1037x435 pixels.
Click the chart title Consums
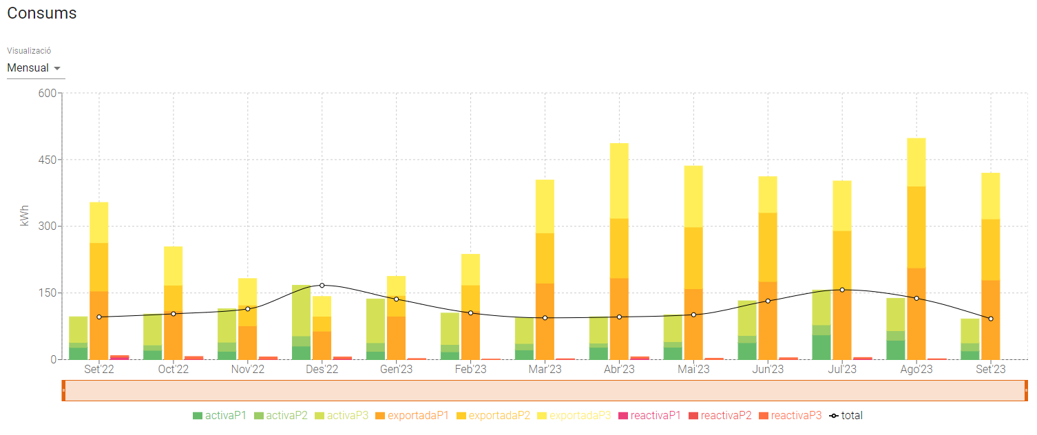pos(42,13)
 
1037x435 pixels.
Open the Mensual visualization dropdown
pos(34,68)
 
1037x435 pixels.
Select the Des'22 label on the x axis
pos(322,370)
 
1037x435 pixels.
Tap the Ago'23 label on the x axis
pos(916,370)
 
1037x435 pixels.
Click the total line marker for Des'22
pos(322,285)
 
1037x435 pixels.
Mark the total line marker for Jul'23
pos(842,290)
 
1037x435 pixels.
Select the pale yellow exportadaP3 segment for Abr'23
pos(619,180)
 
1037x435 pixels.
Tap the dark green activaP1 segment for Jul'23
pos(821,347)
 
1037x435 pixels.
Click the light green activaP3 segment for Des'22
pos(301,310)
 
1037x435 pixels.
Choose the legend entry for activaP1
pos(220,416)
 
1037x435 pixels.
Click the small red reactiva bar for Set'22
pos(120,357)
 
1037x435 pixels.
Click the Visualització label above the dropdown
pos(29,51)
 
